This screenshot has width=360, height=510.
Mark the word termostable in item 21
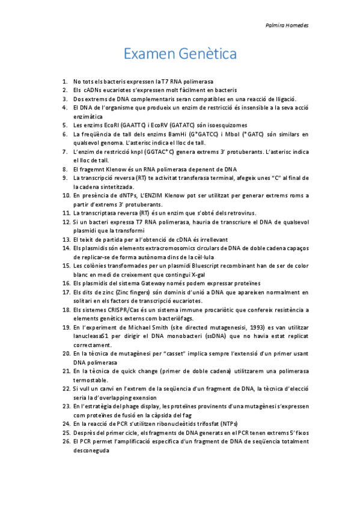(x=90, y=380)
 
